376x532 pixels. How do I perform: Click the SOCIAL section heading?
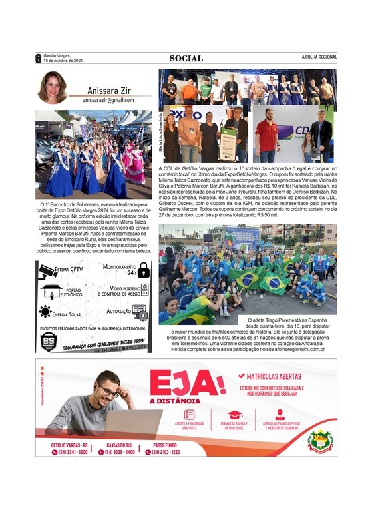coord(186,58)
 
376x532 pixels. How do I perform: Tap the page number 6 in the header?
coord(39,58)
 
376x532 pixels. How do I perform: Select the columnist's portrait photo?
coord(51,87)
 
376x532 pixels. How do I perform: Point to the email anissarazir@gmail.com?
coord(108,100)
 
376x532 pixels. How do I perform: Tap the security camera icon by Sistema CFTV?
coord(48,270)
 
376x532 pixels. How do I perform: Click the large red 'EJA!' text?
coord(188,384)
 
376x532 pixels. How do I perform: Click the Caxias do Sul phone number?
coord(121,452)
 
